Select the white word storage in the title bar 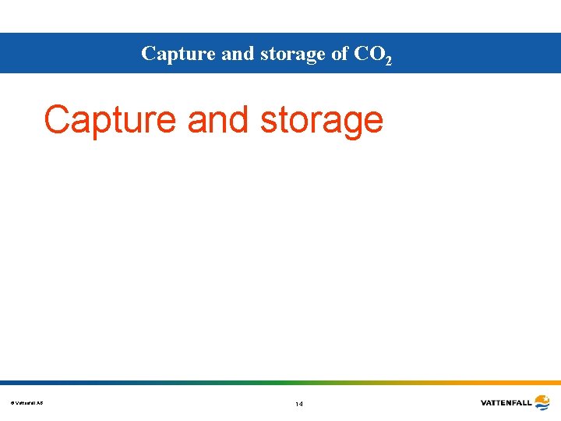point(277,55)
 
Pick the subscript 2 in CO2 point(388,59)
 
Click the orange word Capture point(110,121)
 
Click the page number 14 point(299,404)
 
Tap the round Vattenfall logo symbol point(542,402)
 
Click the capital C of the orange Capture point(57,120)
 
